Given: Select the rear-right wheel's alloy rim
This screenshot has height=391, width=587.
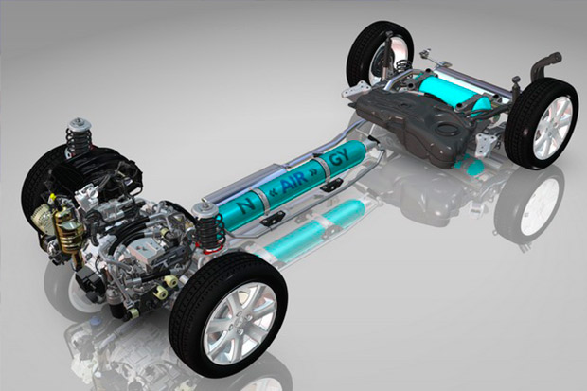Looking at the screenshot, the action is click(x=553, y=128).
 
